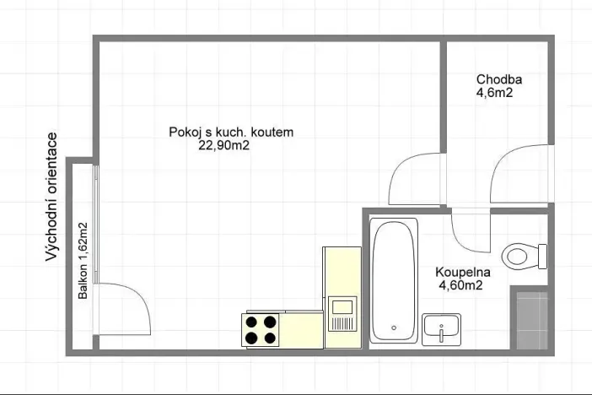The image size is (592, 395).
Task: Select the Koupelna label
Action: pyautogui.click(x=463, y=273)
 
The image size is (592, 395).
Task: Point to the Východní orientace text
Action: pyautogui.click(x=52, y=196)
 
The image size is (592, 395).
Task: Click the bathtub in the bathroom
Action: pyautogui.click(x=394, y=280)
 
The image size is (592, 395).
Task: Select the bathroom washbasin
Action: pyautogui.click(x=441, y=327)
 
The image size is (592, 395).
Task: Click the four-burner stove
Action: pyautogui.click(x=261, y=329)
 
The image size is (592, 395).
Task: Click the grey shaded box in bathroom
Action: pyautogui.click(x=533, y=320)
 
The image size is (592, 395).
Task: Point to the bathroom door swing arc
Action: pyautogui.click(x=470, y=230)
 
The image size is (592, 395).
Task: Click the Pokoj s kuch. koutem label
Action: pyautogui.click(x=230, y=132)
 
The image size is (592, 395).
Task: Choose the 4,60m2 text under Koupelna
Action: pyautogui.click(x=460, y=286)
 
